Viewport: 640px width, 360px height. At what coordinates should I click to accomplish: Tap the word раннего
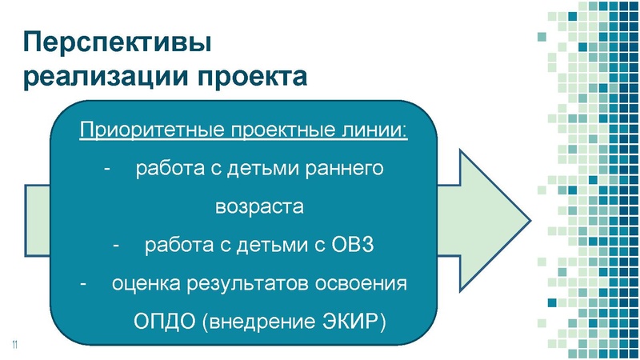(x=346, y=170)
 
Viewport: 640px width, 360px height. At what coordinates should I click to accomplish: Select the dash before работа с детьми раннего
(x=108, y=170)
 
